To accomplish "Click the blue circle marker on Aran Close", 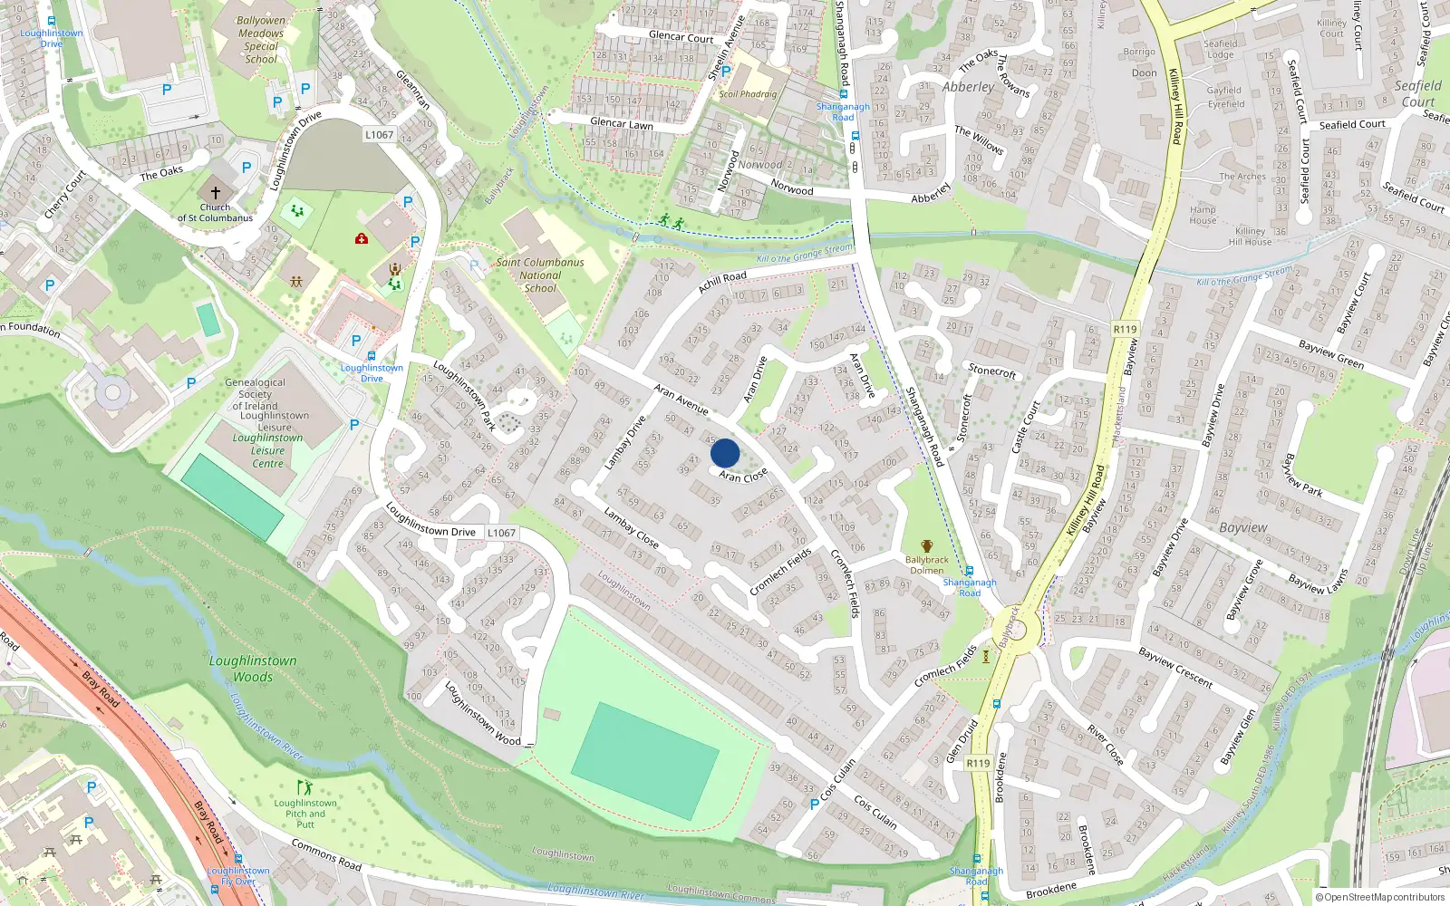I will [x=725, y=453].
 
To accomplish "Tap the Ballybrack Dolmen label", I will [x=926, y=564].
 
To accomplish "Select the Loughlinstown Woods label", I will [x=253, y=669].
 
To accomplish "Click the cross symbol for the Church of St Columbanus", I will [x=216, y=192].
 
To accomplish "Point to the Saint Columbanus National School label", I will [x=540, y=275].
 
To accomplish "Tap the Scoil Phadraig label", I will [x=748, y=94].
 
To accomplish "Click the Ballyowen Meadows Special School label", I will [x=261, y=40].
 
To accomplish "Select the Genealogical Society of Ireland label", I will [x=255, y=394].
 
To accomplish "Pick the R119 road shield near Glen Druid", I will [x=978, y=763].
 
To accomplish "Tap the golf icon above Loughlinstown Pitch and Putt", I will [x=304, y=788].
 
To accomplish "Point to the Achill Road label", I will [x=722, y=282].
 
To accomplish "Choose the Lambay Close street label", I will [x=631, y=527].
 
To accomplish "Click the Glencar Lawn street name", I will [x=622, y=123].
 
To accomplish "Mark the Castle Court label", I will [x=1027, y=427].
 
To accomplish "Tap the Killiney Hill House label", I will [x=1250, y=236].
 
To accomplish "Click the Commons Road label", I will [x=326, y=854].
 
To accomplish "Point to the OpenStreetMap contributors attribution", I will [x=1380, y=897].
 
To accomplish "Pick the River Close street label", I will [x=1105, y=744].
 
